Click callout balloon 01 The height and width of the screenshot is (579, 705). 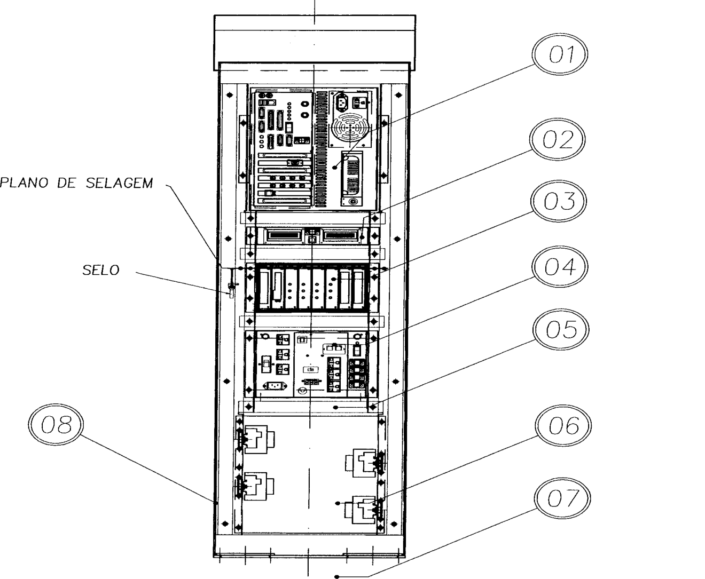click(x=560, y=54)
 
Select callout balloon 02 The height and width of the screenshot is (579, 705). click(x=557, y=139)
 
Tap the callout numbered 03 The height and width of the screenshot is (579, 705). click(x=559, y=201)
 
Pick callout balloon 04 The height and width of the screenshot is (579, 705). click(x=560, y=267)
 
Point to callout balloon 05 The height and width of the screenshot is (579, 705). click(x=561, y=329)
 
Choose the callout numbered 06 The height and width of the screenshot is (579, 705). click(x=563, y=425)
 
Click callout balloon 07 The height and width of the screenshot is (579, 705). click(x=562, y=498)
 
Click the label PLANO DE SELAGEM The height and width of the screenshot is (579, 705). click(x=76, y=183)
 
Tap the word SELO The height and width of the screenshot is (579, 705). click(x=101, y=271)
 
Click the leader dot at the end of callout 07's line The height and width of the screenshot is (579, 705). click(x=337, y=576)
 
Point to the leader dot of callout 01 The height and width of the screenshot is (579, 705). click(x=335, y=168)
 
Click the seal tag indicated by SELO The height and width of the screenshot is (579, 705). click(x=231, y=290)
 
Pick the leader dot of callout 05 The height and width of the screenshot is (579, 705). click(x=336, y=407)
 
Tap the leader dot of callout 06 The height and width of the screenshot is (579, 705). click(x=338, y=503)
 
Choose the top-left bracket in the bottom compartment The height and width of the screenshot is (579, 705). click(x=256, y=439)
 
